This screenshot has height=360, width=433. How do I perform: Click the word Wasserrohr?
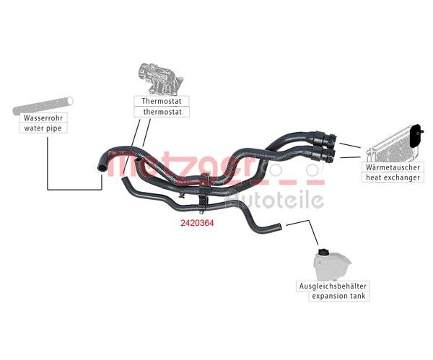click(x=43, y=118)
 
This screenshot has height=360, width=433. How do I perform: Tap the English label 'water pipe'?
click(x=43, y=128)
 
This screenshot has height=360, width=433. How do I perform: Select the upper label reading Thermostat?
click(x=162, y=101)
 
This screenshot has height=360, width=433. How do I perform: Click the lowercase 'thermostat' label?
click(x=162, y=112)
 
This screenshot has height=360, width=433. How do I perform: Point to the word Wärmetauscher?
click(x=393, y=167)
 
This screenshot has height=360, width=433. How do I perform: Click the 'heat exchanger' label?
click(x=393, y=177)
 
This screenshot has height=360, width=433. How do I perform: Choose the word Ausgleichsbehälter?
click(x=333, y=286)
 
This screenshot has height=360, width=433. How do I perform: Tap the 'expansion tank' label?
click(x=338, y=297)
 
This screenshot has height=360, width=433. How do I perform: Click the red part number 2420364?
click(x=197, y=223)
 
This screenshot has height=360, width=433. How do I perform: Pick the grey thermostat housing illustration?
click(x=160, y=79)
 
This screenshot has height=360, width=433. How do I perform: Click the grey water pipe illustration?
click(x=43, y=106)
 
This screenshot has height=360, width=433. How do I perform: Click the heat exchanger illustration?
click(x=393, y=145)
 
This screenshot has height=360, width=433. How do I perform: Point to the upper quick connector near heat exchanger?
click(x=325, y=137)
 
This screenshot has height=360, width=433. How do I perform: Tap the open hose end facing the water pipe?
click(x=101, y=167)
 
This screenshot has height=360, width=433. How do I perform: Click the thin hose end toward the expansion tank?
click(x=279, y=227)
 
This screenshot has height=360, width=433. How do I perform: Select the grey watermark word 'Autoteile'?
click(x=274, y=199)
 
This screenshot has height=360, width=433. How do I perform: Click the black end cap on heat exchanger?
click(x=416, y=136)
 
